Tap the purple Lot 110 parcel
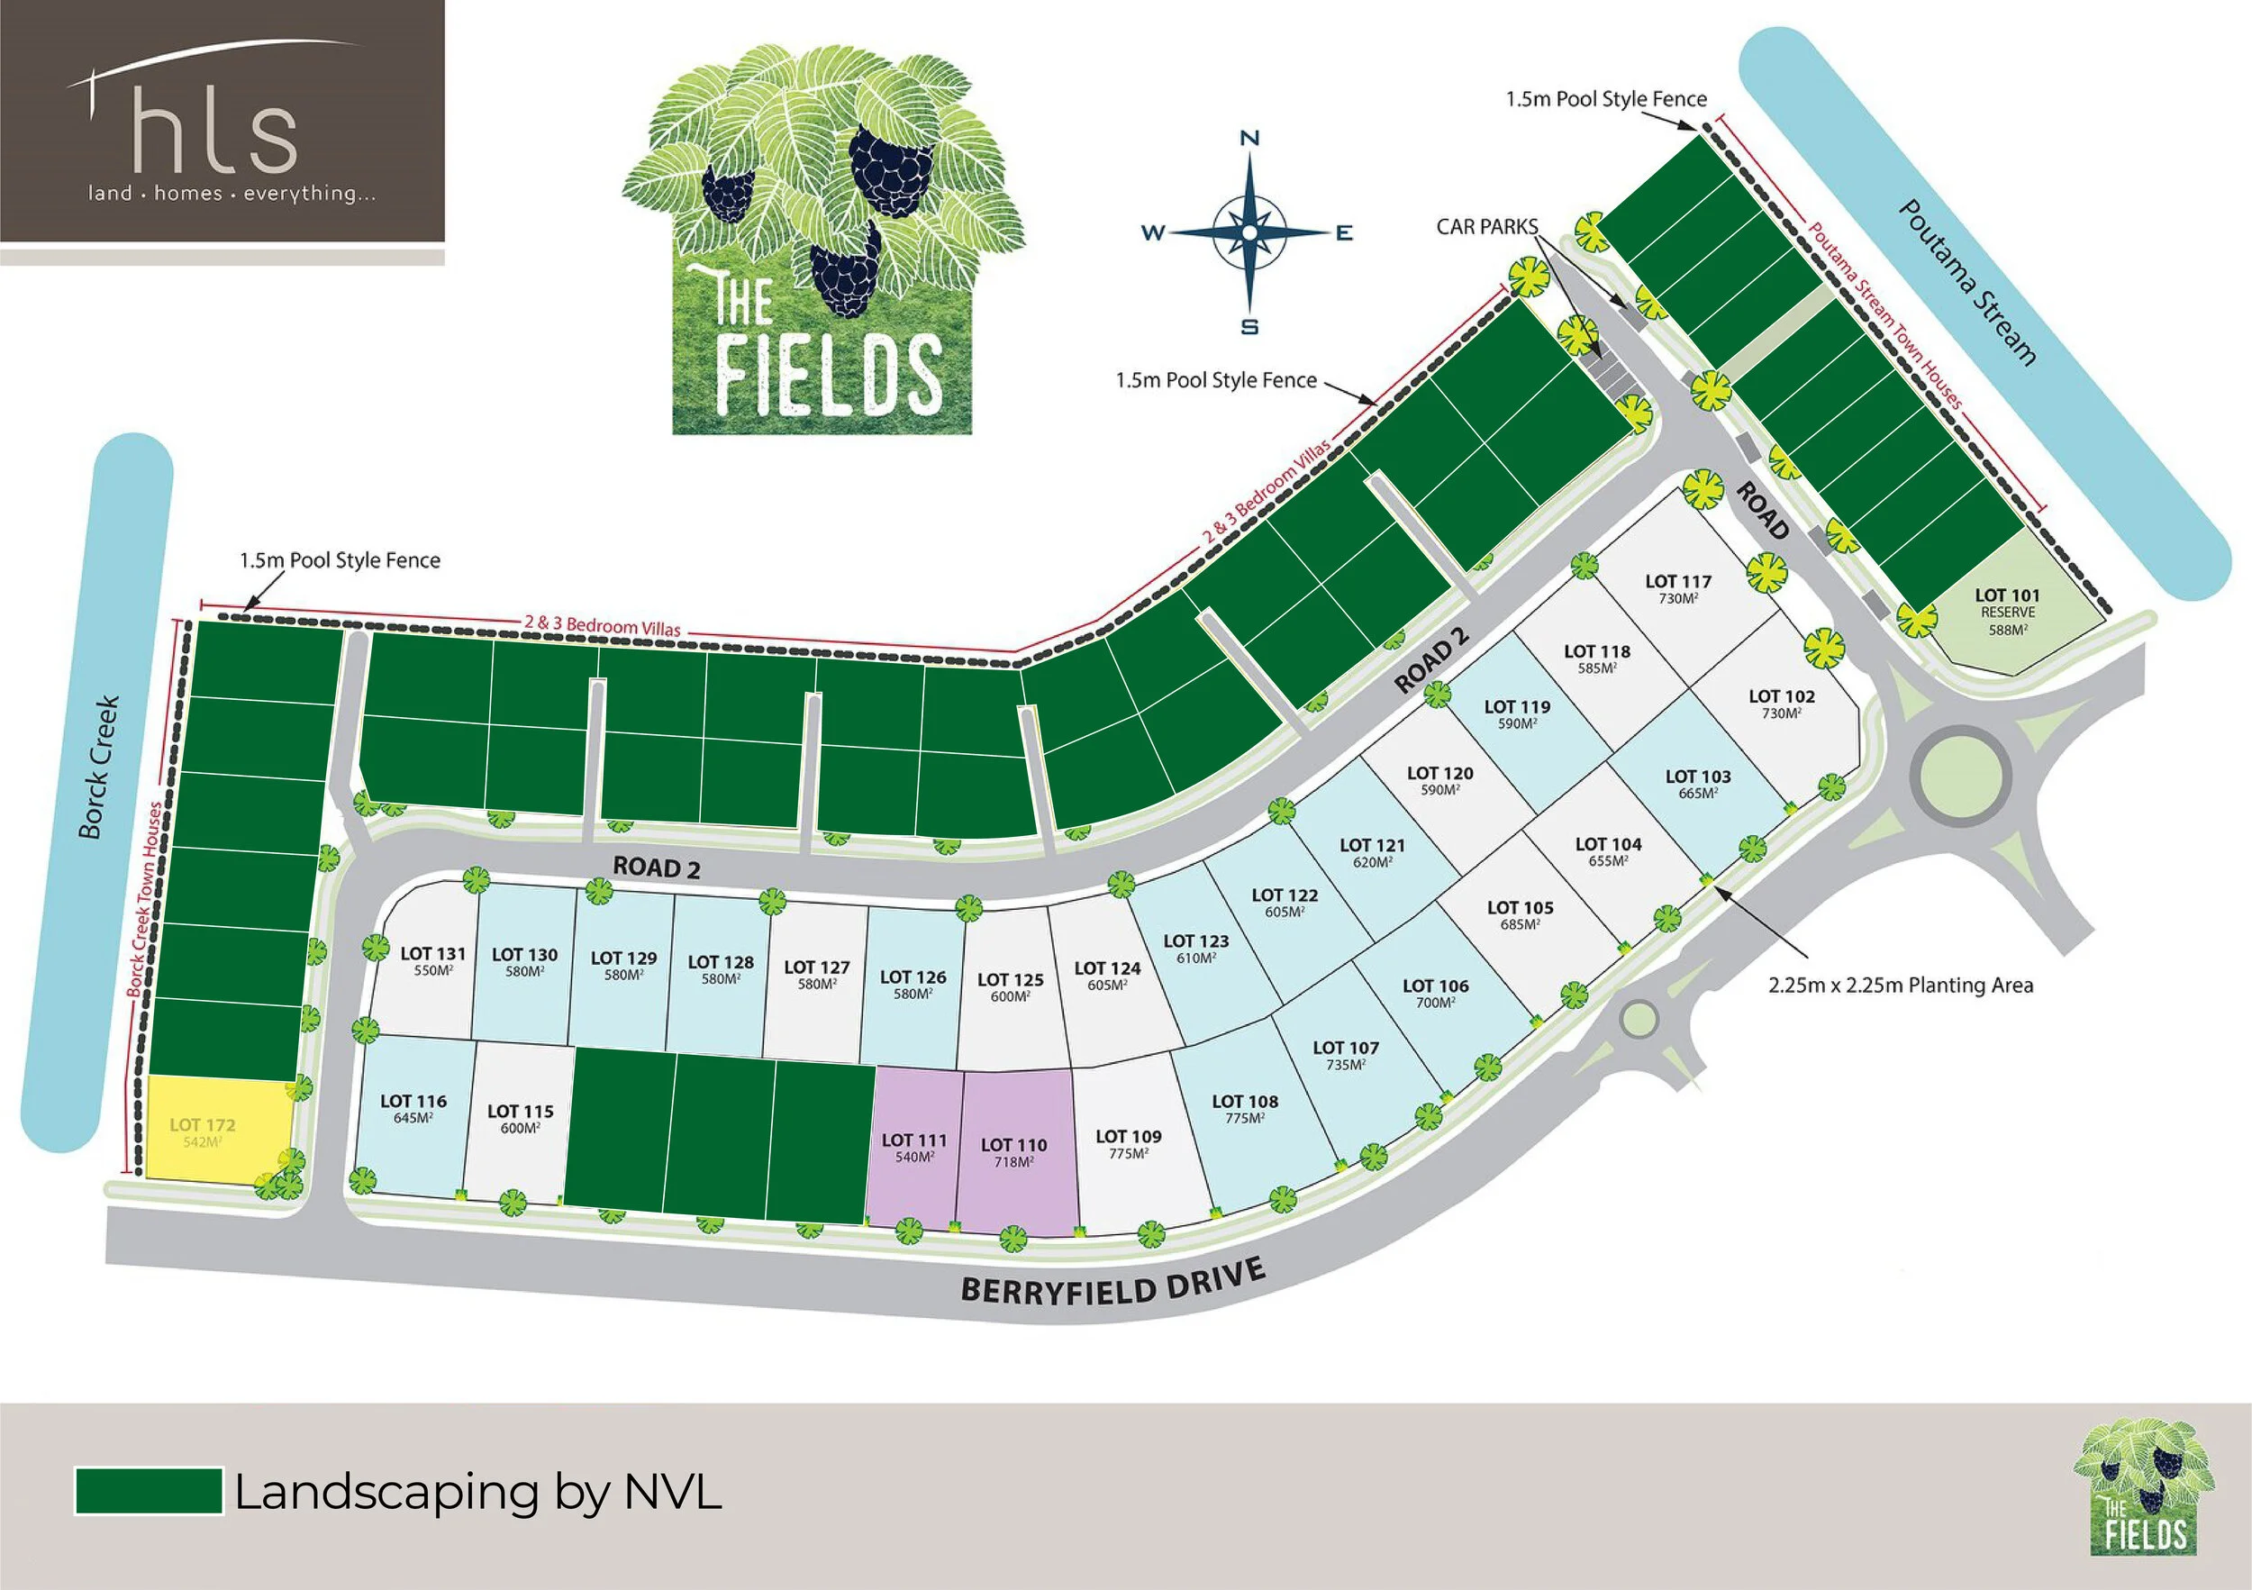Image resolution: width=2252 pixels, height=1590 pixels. (1015, 1152)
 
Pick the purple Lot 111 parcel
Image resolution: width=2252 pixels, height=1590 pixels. (913, 1148)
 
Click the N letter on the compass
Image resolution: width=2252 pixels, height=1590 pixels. (1249, 139)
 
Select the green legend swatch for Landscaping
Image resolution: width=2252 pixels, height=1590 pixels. (150, 1491)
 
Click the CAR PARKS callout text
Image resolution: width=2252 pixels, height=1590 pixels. (1486, 227)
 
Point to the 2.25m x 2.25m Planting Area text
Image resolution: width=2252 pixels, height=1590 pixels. (1900, 985)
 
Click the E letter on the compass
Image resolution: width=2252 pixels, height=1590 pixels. (1344, 232)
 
